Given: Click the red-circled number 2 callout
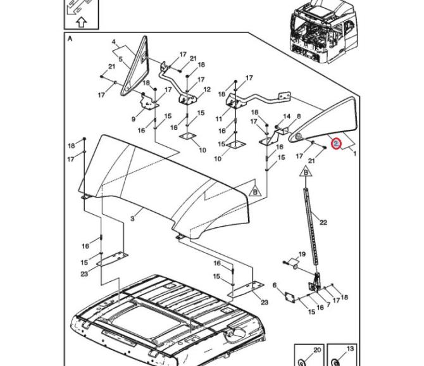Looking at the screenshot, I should point(337,145).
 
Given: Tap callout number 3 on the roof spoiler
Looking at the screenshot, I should point(133,218).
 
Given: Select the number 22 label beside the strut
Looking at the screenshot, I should point(323,222).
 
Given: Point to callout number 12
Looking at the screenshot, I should point(207,91).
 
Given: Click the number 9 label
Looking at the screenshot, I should point(134,119).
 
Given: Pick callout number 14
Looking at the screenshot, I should point(287,117).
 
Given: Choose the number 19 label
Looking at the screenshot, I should point(302,255).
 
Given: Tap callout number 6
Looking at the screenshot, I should point(275,286).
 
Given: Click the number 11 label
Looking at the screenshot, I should point(219,119).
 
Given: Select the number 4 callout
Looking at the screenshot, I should point(115,42).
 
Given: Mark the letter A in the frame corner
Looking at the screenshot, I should point(70,38).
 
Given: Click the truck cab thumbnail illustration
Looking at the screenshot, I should point(321,28).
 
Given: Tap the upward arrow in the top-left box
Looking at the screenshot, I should point(80,23).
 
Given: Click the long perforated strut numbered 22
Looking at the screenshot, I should point(310,234).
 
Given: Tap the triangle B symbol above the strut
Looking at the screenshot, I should point(306,172).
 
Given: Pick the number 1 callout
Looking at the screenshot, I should point(354,154).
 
